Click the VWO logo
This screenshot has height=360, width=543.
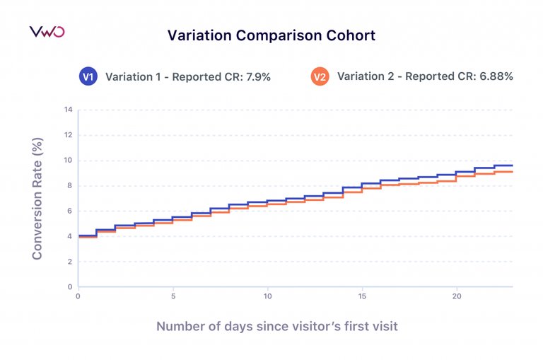coord(47,33)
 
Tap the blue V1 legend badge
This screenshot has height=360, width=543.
coord(88,77)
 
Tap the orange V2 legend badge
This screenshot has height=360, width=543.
coord(320,77)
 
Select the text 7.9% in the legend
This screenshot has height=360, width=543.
coord(259,77)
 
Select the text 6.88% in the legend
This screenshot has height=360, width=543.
coord(497,77)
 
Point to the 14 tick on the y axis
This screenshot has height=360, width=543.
coord(69,110)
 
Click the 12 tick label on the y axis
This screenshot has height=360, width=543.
coord(69,135)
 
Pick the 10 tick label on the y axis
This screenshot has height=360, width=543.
coord(69,161)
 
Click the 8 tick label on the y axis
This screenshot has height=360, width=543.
coord(70,186)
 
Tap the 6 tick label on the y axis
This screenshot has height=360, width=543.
coord(70,211)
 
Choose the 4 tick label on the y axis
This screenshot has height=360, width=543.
coord(70,236)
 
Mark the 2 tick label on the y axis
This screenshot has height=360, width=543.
coord(70,262)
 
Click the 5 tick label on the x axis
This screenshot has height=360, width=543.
coord(173,297)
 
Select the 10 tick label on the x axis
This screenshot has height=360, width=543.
coord(267,297)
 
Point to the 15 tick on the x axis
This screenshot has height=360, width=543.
coord(362,297)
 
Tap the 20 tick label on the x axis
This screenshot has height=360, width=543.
coord(457,297)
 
